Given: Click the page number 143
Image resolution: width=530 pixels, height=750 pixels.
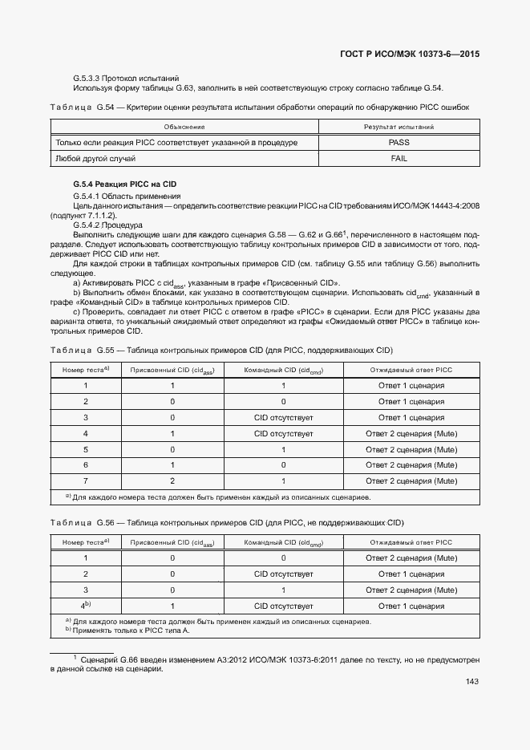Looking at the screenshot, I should point(471,682).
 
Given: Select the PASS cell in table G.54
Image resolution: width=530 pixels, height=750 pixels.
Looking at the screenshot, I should point(399,142).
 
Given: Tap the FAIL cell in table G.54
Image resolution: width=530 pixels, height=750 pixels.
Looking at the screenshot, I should point(399,159).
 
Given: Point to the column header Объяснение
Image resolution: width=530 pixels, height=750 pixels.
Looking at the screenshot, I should point(184,127).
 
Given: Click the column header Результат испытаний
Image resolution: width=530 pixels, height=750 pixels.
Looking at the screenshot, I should point(399,127).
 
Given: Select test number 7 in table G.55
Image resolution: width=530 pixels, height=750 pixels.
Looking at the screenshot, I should point(85,481).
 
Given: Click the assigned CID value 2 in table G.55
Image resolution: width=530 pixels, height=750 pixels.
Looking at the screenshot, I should point(172,481).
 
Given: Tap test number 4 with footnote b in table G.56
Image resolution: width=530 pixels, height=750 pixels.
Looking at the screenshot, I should point(85,606).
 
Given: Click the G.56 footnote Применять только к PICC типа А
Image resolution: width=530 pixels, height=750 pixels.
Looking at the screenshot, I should point(131,630).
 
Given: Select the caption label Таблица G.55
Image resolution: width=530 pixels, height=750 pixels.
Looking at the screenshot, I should point(83,351).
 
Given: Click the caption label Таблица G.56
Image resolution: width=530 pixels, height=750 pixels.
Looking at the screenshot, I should point(83,523).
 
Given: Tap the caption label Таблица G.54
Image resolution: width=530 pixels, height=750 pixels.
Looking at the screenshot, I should point(83,107).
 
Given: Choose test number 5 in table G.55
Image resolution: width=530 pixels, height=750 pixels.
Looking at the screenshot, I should point(85,449).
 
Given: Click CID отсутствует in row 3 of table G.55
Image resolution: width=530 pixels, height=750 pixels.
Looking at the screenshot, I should point(283,418).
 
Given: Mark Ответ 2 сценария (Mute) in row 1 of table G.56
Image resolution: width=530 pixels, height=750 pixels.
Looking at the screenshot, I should point(411,557).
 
